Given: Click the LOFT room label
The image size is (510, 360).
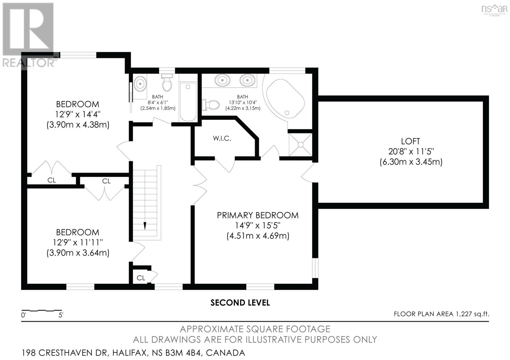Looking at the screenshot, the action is point(410,141).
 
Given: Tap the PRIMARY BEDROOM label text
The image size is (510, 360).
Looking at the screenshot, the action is point(258,215).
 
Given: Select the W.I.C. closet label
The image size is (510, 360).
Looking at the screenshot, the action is point(222,138).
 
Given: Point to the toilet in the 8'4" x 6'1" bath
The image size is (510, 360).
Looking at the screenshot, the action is point(167,82).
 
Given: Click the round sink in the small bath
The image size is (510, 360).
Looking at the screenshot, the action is point(140,84).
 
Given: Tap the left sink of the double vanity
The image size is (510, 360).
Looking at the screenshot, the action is point(222,80).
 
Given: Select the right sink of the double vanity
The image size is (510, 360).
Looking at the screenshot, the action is point(247,80).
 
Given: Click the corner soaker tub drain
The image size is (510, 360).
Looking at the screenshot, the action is point(287,113).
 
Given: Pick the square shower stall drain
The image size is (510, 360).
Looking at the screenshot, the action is point(301,145).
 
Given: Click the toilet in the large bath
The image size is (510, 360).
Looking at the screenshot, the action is point(211,105).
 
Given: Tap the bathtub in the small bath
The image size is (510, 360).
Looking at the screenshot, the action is point(188,102).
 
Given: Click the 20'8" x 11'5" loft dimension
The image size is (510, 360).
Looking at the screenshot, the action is point(411,151).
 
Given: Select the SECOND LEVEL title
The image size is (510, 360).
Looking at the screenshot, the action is point(240,303).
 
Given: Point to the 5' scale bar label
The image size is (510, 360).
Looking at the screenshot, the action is point(61,315).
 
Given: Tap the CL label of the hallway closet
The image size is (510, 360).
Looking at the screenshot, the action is point(141,278).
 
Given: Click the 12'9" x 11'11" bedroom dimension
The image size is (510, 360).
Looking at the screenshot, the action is point(78,242).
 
